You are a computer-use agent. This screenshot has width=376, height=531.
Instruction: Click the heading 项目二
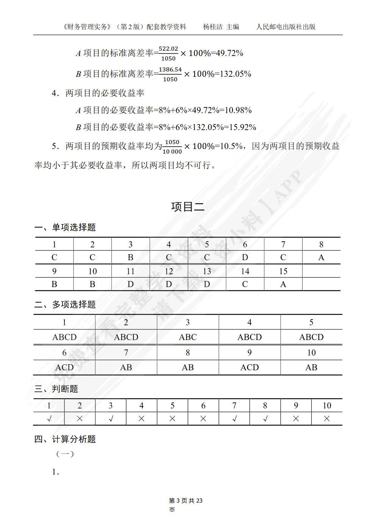pyautogui.click(x=188, y=206)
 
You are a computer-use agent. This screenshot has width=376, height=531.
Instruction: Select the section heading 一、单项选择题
pyautogui.click(x=65, y=227)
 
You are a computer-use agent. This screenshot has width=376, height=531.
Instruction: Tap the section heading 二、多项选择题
pyautogui.click(x=65, y=304)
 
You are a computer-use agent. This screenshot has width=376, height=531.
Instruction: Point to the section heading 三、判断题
pyautogui.click(x=56, y=389)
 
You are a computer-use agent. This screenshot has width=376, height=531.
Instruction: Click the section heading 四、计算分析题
pyautogui.click(x=65, y=439)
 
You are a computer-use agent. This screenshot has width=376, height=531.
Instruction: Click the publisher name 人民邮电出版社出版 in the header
pyautogui.click(x=286, y=26)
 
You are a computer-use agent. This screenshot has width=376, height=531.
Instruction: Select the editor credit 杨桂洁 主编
pyautogui.click(x=221, y=26)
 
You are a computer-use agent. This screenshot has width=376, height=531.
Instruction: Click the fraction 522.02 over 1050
pyautogui.click(x=168, y=53)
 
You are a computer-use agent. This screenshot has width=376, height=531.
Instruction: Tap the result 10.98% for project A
pyautogui.click(x=238, y=110)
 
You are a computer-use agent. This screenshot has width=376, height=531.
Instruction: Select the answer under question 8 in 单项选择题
pyautogui.click(x=321, y=257)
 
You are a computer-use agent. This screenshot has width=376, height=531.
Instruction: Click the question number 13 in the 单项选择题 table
pyautogui.click(x=207, y=271)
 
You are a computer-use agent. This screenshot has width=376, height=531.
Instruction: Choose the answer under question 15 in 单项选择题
pyautogui.click(x=283, y=284)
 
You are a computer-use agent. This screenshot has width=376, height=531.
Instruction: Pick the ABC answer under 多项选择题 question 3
pyautogui.click(x=188, y=337)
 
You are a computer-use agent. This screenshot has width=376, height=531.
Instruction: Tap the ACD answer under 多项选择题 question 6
pyautogui.click(x=64, y=367)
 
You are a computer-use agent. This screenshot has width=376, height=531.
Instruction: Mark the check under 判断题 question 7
pyautogui.click(x=234, y=419)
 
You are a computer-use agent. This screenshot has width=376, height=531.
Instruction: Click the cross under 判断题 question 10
pyautogui.click(x=327, y=419)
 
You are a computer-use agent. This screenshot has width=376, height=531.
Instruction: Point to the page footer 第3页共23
pyautogui.click(x=186, y=501)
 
